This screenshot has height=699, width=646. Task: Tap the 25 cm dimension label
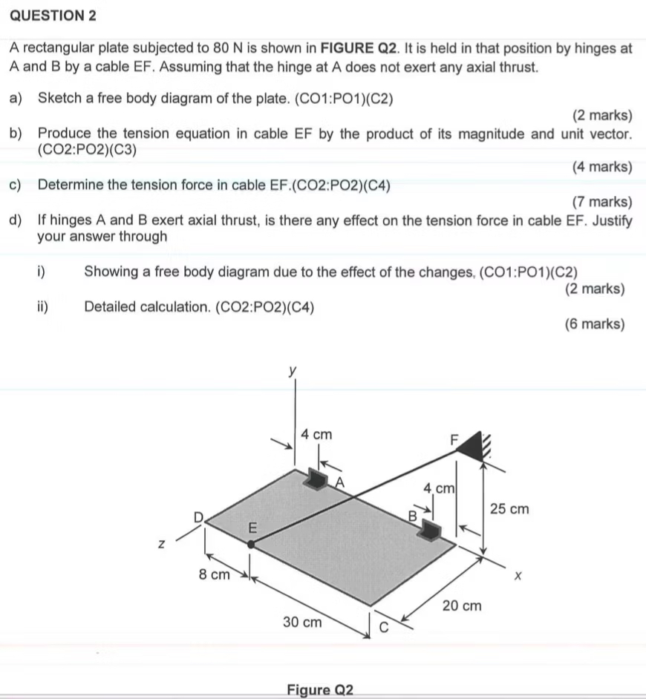click(511, 509)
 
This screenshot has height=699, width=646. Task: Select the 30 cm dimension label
click(303, 622)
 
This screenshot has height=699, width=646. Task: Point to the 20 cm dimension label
click(462, 606)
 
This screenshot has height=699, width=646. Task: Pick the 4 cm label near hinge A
click(316, 433)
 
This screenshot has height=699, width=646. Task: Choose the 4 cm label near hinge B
click(438, 488)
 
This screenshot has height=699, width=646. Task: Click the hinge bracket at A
click(318, 479)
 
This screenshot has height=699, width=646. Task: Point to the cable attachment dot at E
click(252, 544)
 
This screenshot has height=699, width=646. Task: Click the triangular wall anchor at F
click(472, 444)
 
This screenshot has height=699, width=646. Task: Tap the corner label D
click(198, 515)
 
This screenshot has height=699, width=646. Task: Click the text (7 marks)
click(602, 202)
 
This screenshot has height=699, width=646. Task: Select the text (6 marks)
click(595, 324)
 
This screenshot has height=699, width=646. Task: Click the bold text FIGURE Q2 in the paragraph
click(358, 49)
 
